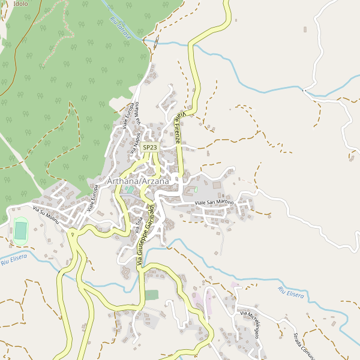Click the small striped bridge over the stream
coord(156,41)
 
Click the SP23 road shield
coord(150,147)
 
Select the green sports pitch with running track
coord(21,230)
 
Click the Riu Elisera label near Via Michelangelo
coord(291,293)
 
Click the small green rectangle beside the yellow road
coord(151,295)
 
